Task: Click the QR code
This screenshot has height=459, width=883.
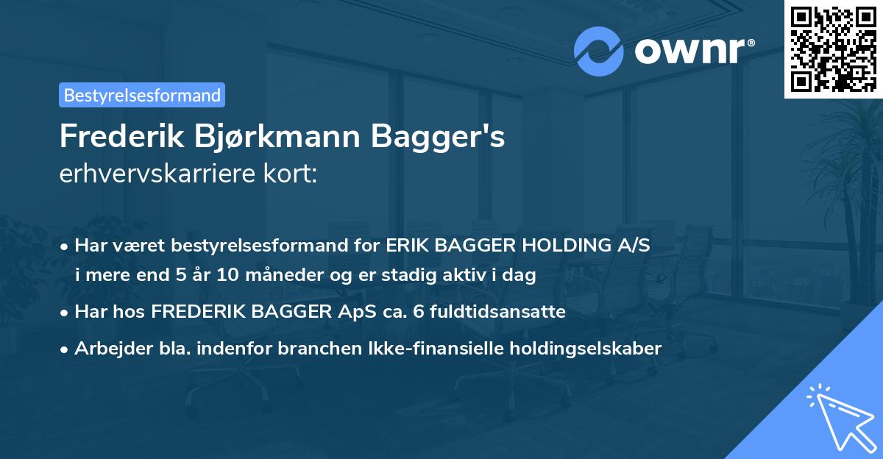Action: pyautogui.click(x=833, y=49)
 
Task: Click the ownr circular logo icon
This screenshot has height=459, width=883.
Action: pyautogui.click(x=599, y=51)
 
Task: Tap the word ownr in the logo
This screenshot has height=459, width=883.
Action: pyautogui.click(x=691, y=51)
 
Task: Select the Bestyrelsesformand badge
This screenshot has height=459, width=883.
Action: pyautogui.click(x=142, y=95)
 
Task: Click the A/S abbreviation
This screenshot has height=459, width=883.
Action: pyautogui.click(x=632, y=246)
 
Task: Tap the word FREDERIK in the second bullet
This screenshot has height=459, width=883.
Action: pyautogui.click(x=193, y=312)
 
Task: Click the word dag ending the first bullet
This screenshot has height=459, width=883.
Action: pyautogui.click(x=522, y=276)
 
